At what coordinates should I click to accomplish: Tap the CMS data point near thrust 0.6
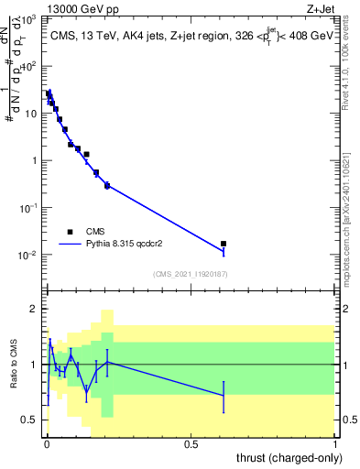tap(224, 244)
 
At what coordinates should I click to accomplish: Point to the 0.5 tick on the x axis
tap(191, 444)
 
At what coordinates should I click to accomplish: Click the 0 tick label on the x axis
tap(47, 444)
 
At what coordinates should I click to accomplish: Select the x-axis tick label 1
tap(335, 444)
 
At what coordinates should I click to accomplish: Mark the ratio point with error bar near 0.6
tap(224, 396)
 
